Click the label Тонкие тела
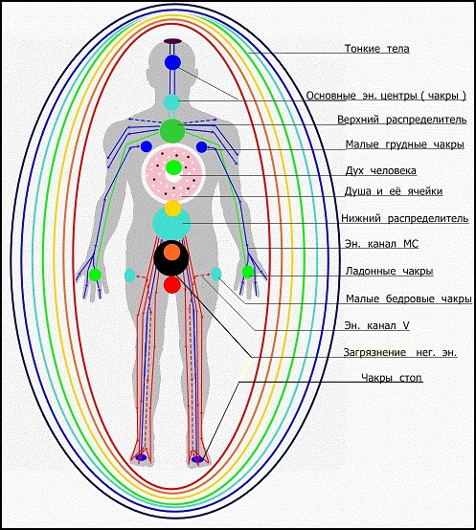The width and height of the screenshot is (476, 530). point(377,49)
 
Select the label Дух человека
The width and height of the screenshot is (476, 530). point(380,170)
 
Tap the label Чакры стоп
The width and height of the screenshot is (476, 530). point(392,378)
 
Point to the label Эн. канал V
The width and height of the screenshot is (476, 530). point(377,325)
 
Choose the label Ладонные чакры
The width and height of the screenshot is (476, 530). point(389,271)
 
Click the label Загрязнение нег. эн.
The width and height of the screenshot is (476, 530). point(400,353)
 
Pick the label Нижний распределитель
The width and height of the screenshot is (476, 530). point(404,218)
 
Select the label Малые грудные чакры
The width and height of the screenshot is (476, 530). point(404,144)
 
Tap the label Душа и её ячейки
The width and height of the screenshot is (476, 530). point(394,191)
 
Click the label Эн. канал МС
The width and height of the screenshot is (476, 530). point(381,244)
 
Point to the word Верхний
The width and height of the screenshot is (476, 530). point(359,120)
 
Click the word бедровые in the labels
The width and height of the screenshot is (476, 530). point(410,298)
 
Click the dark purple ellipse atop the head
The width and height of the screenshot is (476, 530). point(173,41)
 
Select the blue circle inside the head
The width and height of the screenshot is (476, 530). point(173,62)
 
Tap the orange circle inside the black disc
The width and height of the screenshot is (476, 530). point(171,253)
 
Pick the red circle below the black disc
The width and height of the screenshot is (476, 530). point(172,284)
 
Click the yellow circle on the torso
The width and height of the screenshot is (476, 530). point(173,209)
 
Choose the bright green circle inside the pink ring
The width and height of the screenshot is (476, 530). point(174,167)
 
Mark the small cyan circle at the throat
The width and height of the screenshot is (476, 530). point(172,102)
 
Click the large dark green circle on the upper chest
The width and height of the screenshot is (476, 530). point(172,131)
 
